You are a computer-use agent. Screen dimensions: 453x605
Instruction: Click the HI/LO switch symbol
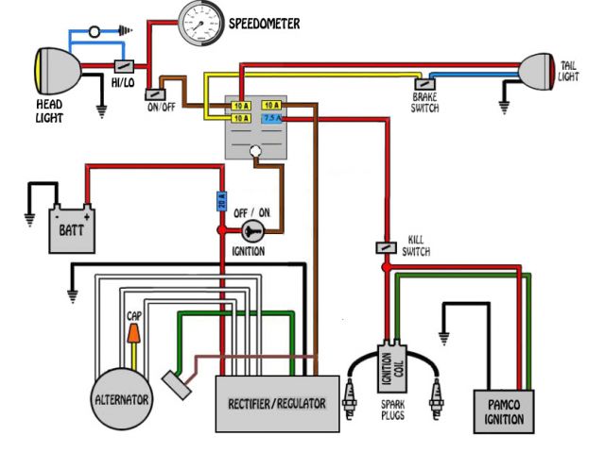pos(123,67)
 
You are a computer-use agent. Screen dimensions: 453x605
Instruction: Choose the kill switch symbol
pos(386,246)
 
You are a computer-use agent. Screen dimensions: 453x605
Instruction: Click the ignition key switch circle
pos(251,230)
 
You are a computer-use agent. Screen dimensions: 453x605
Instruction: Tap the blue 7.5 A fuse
pos(271,119)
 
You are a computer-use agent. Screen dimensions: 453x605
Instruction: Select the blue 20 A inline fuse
pos(220,200)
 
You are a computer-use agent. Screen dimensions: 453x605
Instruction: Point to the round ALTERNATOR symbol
pos(121,399)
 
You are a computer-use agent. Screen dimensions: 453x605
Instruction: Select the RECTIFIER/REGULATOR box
pos(276,403)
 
